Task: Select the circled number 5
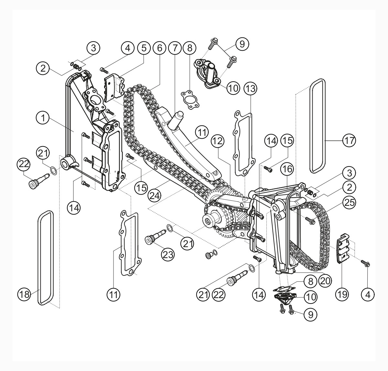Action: click(x=144, y=48)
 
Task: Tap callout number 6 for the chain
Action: click(x=159, y=48)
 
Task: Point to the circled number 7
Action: click(x=175, y=48)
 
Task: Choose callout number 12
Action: click(x=218, y=141)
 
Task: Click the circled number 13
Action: click(x=251, y=88)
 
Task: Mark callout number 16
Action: click(x=287, y=169)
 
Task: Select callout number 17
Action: click(x=349, y=141)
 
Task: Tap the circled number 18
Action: click(x=25, y=294)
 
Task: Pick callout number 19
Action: click(x=342, y=294)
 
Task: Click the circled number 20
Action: click(x=325, y=281)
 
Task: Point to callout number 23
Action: click(x=168, y=255)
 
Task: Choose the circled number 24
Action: click(x=155, y=196)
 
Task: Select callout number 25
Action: click(x=349, y=203)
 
